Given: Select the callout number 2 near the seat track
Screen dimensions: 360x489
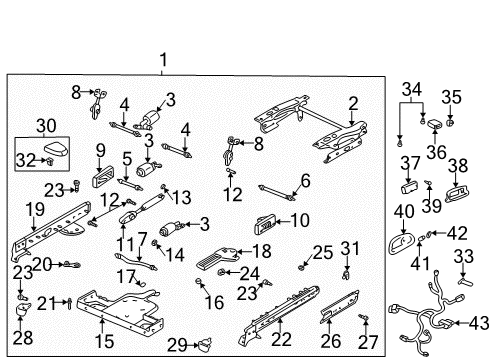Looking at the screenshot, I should point(352,101).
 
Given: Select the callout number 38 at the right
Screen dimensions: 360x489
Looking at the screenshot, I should point(458,164).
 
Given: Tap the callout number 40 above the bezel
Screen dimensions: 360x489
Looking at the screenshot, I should point(403,211).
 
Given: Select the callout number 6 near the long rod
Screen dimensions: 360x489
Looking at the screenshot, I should point(305,180).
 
